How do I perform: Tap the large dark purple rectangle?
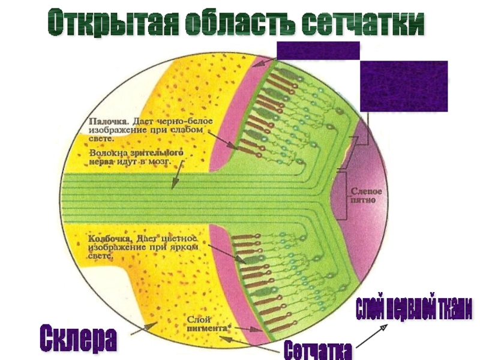(x=403, y=86)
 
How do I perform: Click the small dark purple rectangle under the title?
(x=317, y=50)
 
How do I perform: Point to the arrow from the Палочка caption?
(x=224, y=142)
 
